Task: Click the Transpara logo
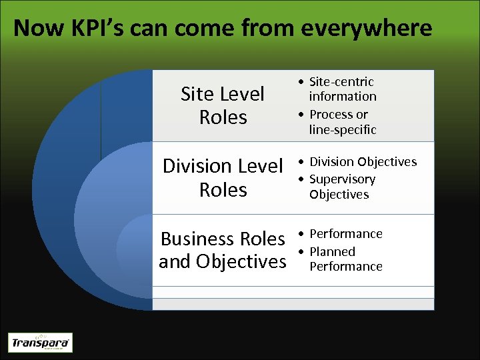40,343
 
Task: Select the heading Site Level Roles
223,105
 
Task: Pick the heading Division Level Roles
223,177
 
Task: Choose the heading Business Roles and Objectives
223,250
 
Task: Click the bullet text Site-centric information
342,89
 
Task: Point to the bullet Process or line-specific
342,122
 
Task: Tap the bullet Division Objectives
363,162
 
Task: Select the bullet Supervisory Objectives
342,187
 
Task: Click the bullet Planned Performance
345,259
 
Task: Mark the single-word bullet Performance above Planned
345,234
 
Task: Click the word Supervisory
342,179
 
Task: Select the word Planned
332,251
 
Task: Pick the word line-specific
343,130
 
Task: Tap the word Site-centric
341,81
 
